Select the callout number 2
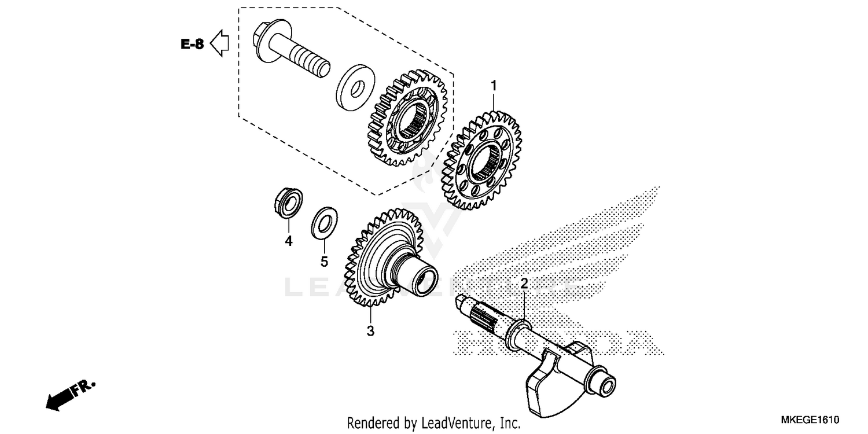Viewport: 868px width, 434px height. tap(524, 284)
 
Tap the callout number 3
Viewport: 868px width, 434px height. tap(371, 331)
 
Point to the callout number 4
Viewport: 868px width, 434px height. tap(288, 241)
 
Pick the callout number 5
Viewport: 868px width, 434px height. tap(324, 262)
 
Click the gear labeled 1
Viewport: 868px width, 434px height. tap(481, 159)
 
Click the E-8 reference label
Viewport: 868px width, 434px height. tap(192, 44)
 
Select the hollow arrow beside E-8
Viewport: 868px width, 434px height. tap(219, 43)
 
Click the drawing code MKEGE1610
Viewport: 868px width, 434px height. tap(810, 420)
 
